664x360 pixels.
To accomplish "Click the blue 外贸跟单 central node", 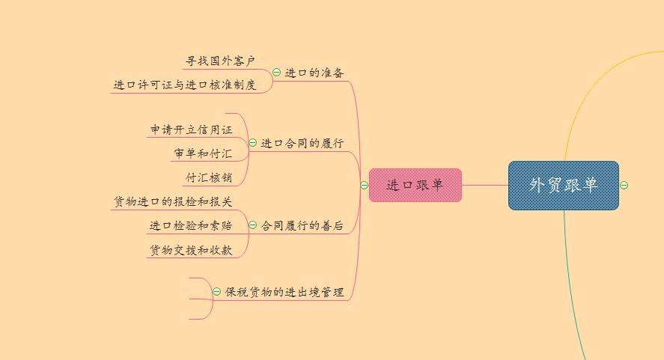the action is pyautogui.click(x=563, y=185).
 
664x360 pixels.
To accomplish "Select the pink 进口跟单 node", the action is pyautogui.click(x=415, y=185).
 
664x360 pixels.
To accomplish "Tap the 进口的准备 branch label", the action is pyautogui.click(x=314, y=73).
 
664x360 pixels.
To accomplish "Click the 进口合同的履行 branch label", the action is pyautogui.click(x=302, y=143).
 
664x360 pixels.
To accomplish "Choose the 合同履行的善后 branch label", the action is pyautogui.click(x=302, y=225).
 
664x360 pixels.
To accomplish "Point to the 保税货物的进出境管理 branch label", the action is pyautogui.click(x=284, y=292).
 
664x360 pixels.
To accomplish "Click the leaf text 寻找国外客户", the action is pyautogui.click(x=221, y=61).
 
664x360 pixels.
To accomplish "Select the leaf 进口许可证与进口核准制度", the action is pyautogui.click(x=185, y=85).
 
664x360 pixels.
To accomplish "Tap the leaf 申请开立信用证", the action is pyautogui.click(x=192, y=129).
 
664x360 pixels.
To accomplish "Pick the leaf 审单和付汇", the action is pyautogui.click(x=203, y=153).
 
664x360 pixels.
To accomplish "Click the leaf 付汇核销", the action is pyautogui.click(x=209, y=178).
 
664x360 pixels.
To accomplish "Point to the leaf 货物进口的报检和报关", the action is pyautogui.click(x=173, y=201).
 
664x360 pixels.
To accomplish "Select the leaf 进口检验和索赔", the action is pyautogui.click(x=190, y=225).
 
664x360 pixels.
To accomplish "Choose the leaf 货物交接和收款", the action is pyautogui.click(x=191, y=251).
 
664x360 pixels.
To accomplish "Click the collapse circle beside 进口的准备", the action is pyautogui.click(x=277, y=73).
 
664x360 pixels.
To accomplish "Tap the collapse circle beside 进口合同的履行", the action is pyautogui.click(x=253, y=143).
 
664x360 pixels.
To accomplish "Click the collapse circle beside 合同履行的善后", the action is pyautogui.click(x=253, y=225).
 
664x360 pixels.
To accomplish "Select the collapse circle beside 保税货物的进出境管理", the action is pyautogui.click(x=217, y=292).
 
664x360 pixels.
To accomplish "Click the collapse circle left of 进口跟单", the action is pyautogui.click(x=364, y=185).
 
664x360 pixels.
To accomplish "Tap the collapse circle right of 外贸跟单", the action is pyautogui.click(x=624, y=185).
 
